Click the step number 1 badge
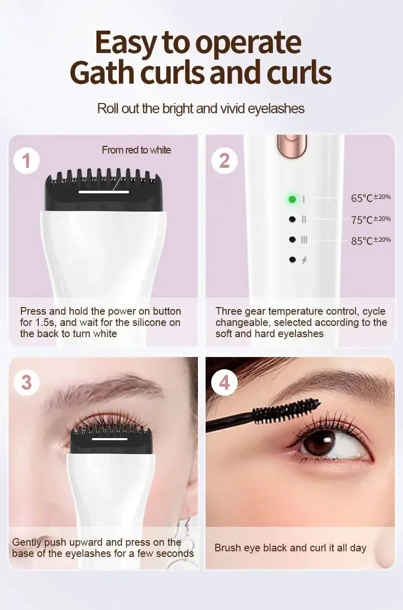tap(27, 161)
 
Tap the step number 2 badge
tap(224, 161)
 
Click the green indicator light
tap(292, 199)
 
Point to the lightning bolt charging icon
tap(305, 260)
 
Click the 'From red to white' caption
tap(136, 150)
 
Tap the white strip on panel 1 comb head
tap(104, 192)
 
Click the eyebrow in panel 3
tap(102, 390)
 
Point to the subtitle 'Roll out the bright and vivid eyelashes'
tap(201, 109)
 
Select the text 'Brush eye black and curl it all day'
tap(290, 548)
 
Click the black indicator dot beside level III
tap(292, 239)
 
